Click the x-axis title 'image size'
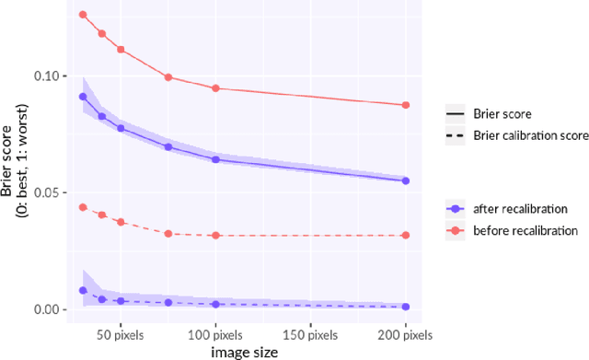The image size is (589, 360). click(x=245, y=351)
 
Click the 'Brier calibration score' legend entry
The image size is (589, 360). click(x=528, y=135)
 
